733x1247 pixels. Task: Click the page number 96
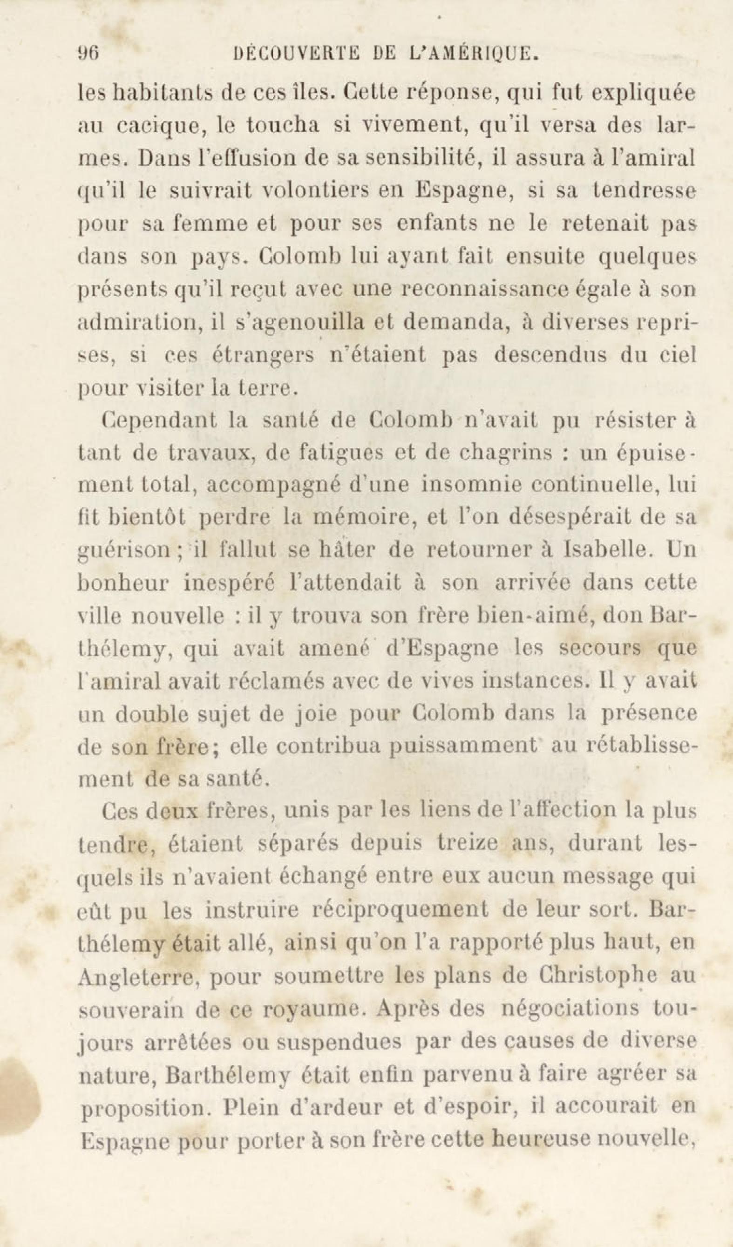point(89,53)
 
